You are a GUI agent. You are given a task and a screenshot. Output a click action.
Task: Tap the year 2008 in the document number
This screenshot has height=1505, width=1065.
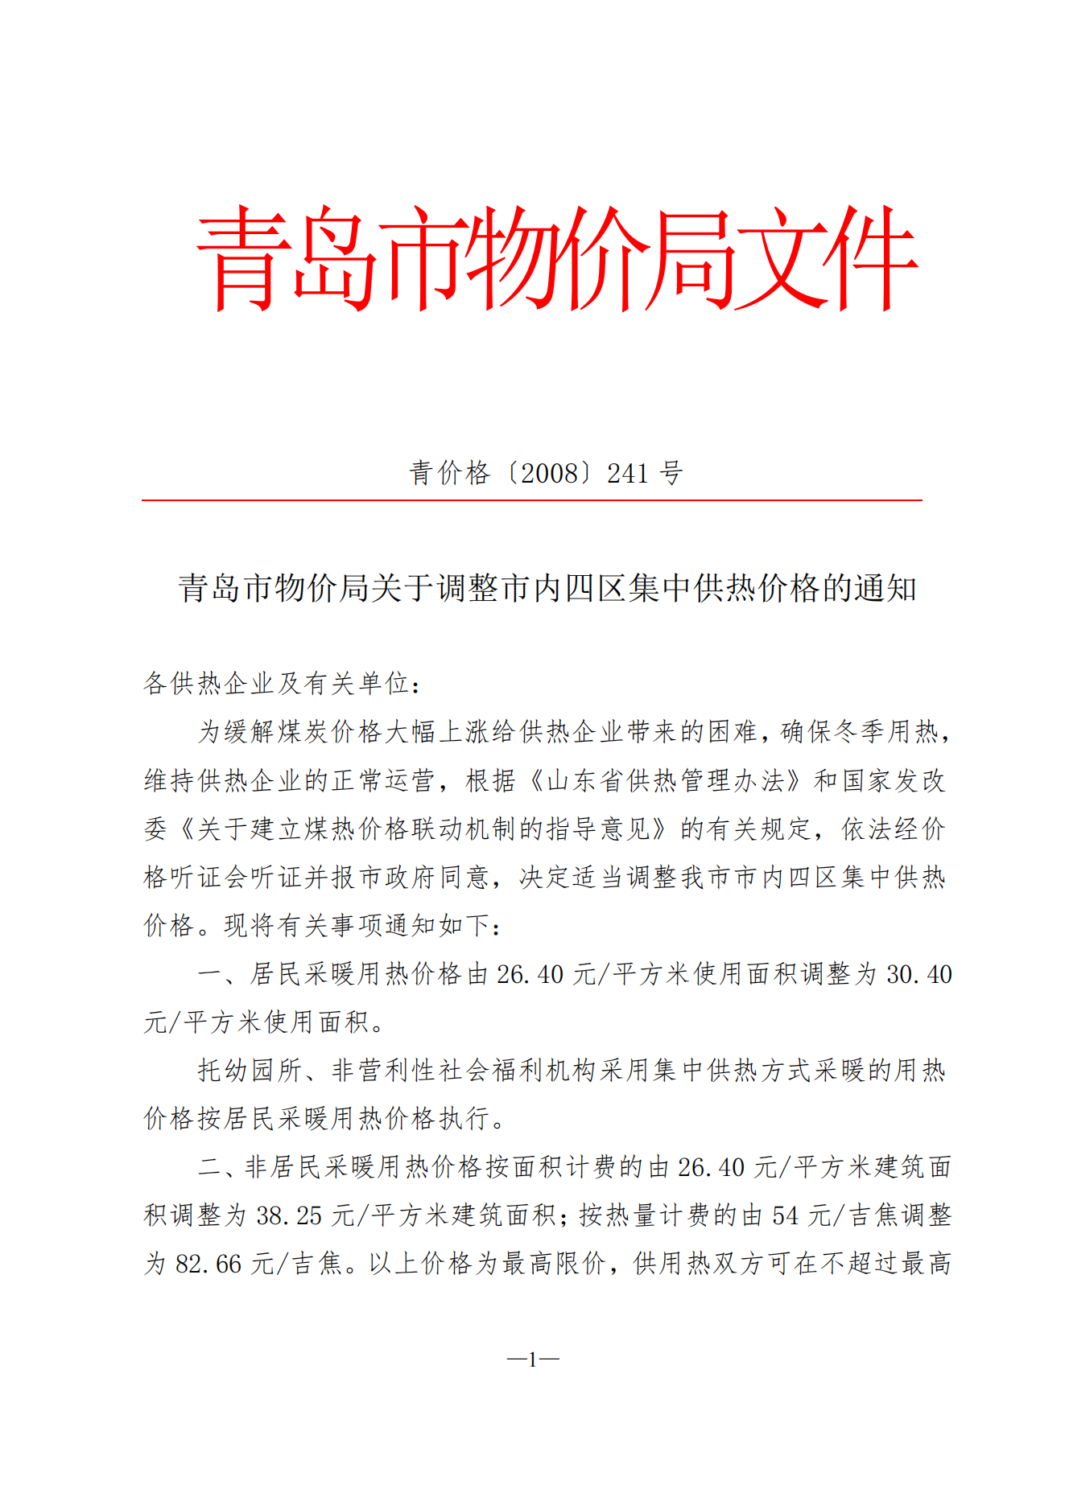pos(550,473)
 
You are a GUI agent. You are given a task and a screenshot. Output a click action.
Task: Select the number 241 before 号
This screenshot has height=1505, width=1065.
pos(627,473)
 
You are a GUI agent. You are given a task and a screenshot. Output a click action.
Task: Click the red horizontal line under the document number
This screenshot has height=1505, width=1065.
pos(531,500)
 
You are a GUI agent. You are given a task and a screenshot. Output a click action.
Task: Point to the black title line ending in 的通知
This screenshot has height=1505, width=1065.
pos(547,588)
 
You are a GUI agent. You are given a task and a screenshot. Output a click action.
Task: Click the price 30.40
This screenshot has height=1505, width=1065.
pos(918,974)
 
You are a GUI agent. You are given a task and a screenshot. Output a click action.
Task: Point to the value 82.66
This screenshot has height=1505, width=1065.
pos(208,1264)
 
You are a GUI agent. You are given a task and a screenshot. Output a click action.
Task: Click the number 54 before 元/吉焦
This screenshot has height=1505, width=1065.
pos(785,1215)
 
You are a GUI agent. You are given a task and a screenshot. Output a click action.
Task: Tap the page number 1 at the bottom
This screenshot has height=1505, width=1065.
pos(532,1360)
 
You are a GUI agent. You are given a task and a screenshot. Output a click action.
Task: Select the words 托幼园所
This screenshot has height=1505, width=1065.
pos(250,1071)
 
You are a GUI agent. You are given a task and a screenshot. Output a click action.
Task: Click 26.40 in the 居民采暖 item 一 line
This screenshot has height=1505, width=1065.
pos(530,974)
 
